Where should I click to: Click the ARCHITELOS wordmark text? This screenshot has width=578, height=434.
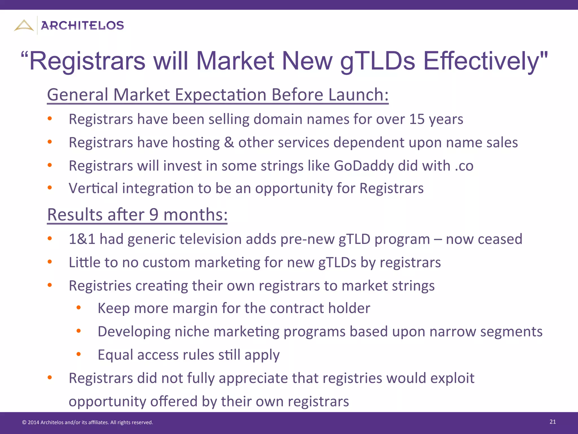click(82, 26)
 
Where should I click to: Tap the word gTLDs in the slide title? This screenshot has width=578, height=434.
click(378, 61)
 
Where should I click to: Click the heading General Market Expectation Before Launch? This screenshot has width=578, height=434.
click(218, 95)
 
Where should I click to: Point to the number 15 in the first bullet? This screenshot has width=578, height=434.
click(417, 119)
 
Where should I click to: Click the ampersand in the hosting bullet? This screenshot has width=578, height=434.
click(229, 142)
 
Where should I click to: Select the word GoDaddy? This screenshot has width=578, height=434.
click(364, 166)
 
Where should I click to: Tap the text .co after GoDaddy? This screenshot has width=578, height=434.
click(464, 166)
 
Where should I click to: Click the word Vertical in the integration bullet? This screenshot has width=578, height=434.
click(93, 188)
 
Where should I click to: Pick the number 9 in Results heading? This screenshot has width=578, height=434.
click(154, 215)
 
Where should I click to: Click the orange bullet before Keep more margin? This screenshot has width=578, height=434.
click(78, 308)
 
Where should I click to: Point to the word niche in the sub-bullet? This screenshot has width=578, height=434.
click(192, 332)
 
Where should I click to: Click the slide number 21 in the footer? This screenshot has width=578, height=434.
click(553, 422)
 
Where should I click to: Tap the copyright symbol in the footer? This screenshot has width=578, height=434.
click(24, 423)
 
